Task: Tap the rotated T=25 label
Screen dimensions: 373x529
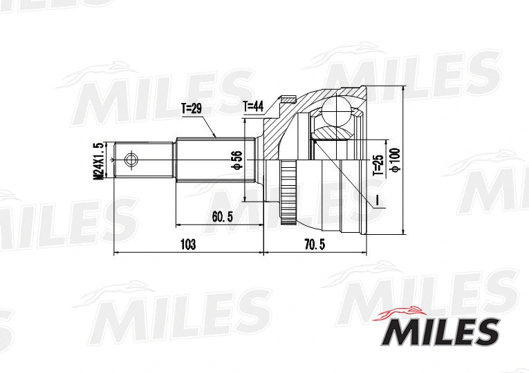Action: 378,166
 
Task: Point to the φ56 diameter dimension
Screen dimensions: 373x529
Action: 236,160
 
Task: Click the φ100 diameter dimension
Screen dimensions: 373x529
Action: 394,160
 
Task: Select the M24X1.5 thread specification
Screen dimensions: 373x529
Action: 98,161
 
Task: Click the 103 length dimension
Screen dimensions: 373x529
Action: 187,245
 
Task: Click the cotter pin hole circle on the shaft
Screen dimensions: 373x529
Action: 131,160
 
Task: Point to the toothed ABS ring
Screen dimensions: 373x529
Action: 288,193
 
